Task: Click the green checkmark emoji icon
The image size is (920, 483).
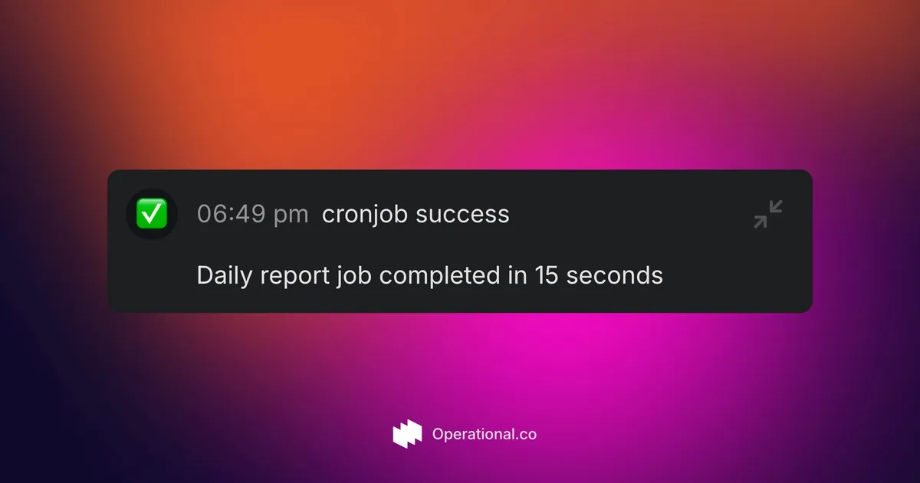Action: (x=152, y=214)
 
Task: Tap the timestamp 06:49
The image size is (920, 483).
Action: (x=232, y=214)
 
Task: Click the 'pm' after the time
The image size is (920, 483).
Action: (x=291, y=215)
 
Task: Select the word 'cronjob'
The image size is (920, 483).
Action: (x=365, y=215)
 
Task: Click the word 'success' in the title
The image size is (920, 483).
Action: (x=462, y=215)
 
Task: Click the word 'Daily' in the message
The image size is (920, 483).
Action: (x=224, y=275)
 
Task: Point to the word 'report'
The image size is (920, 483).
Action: (x=295, y=277)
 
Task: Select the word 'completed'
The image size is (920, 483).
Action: (x=440, y=275)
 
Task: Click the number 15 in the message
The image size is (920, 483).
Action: (x=547, y=275)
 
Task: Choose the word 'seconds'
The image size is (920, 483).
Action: (x=614, y=275)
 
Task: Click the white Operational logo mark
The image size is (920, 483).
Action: (x=407, y=434)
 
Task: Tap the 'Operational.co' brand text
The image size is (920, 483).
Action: (x=485, y=434)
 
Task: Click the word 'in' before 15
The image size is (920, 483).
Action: (x=517, y=274)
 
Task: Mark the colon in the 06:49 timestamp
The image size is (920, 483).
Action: (x=232, y=215)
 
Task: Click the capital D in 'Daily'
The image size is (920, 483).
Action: (x=205, y=275)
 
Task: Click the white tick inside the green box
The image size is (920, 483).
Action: (x=152, y=213)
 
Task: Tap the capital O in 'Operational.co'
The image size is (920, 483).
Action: (x=439, y=434)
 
